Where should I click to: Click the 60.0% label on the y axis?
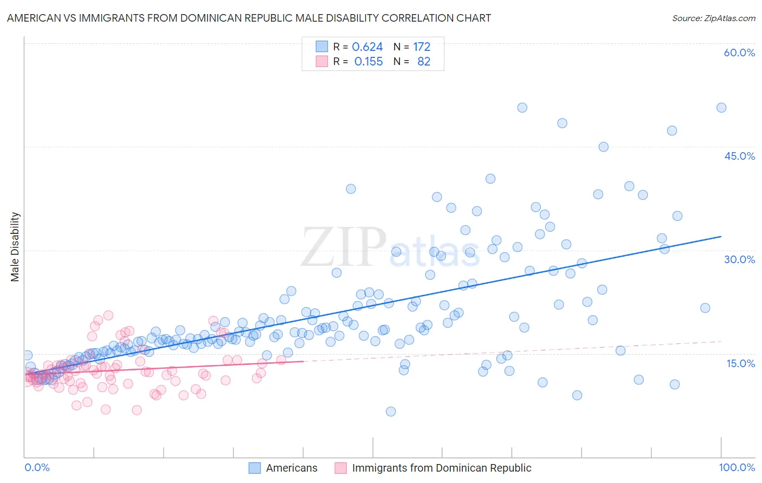739,53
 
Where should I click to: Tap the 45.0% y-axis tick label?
739,156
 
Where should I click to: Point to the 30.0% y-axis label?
739,259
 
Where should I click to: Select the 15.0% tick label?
740,363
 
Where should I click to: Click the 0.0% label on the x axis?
37,467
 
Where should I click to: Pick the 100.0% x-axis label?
737,467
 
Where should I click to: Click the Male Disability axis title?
15,246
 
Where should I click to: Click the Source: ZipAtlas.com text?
713,18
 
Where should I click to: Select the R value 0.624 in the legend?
367,47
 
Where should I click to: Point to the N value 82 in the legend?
424,62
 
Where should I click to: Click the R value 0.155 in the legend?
369,62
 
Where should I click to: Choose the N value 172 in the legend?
422,47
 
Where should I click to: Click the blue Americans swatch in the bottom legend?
255,468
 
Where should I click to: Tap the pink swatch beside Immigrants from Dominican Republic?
340,468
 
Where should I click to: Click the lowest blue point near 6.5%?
391,412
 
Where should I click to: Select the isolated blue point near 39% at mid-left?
351,189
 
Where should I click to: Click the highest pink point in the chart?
108,315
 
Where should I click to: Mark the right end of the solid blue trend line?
721,237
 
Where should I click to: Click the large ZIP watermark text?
344,247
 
